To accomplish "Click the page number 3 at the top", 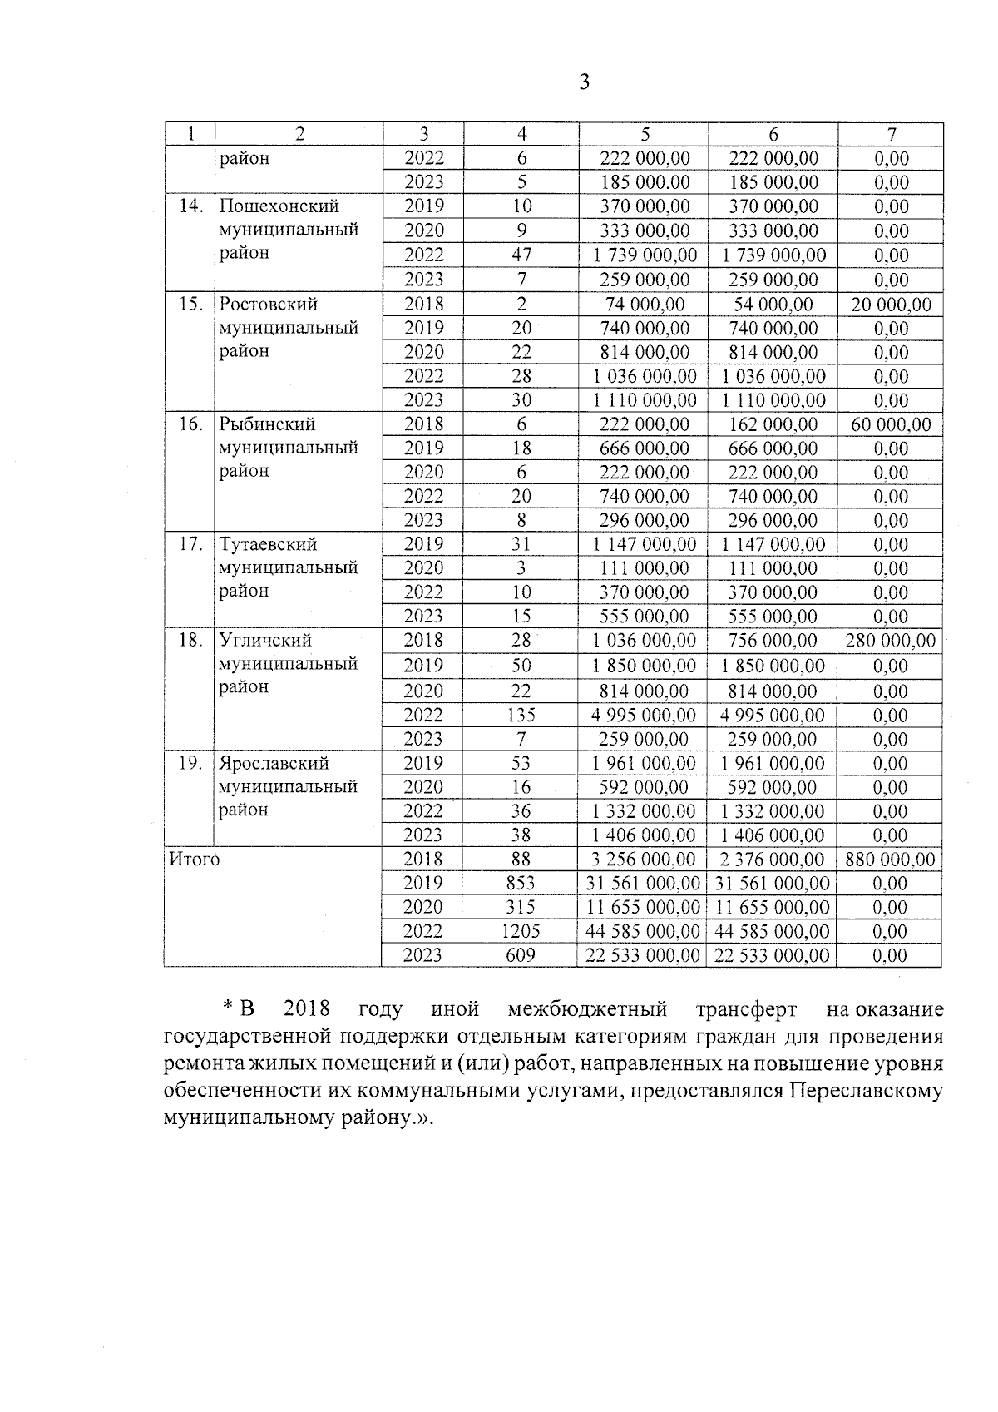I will [x=584, y=82].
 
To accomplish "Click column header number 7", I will [x=891, y=135].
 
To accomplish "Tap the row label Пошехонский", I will [x=279, y=206].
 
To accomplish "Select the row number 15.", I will [x=191, y=304].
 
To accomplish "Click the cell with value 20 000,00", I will [x=892, y=305].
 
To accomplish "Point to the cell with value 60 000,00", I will [x=892, y=424].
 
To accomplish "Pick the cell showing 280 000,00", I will [x=891, y=641].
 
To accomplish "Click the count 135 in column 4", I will [x=521, y=715].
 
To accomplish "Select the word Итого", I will [x=195, y=860].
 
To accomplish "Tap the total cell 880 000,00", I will [x=890, y=860].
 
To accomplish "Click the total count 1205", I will [x=521, y=931].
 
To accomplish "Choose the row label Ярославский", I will [x=274, y=764].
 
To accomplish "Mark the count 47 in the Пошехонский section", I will [x=521, y=255].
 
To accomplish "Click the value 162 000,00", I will [x=773, y=424].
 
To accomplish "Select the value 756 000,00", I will [x=773, y=641].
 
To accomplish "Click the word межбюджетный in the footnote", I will [x=587, y=1010].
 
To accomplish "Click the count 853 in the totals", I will [x=521, y=884].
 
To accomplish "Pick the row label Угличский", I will [x=266, y=641].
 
